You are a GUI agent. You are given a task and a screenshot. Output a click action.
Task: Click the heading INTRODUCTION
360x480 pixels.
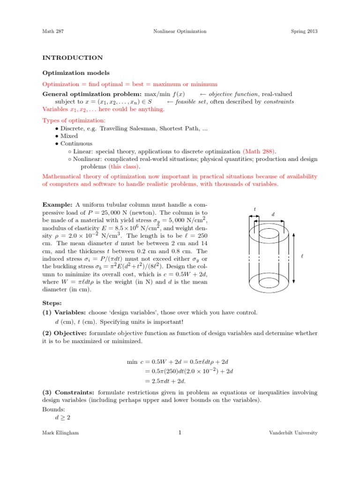tap(73, 58)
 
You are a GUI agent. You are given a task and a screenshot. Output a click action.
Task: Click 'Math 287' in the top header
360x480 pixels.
tap(52, 31)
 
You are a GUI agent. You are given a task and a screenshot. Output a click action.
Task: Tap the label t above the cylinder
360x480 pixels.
tap(255, 210)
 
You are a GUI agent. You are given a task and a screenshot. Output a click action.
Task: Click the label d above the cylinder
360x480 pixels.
tap(273, 214)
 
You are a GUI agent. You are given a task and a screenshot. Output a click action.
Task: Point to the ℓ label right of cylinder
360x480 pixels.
tap(302, 256)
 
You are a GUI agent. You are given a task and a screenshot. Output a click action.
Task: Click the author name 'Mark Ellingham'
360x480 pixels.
tap(60, 433)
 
